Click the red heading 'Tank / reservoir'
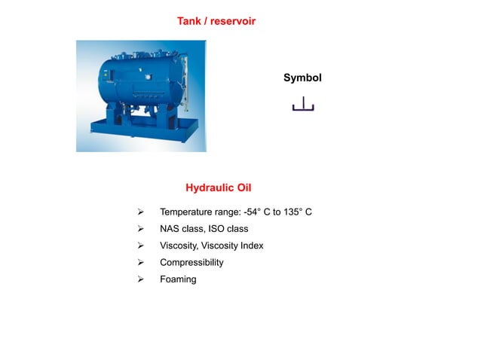pos(216,21)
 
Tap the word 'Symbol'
pos(302,78)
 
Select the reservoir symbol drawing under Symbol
pos(303,105)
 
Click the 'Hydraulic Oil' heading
pos(219,187)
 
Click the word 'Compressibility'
pos(191,263)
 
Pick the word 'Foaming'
pos(178,279)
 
